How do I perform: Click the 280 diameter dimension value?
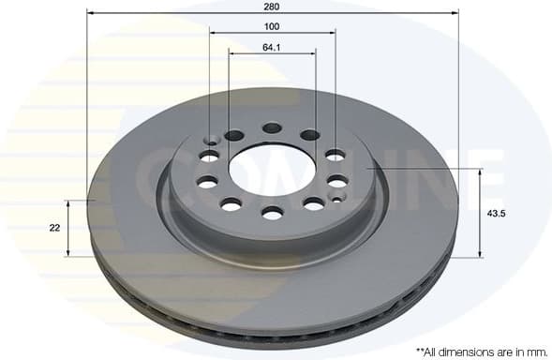coord(272,6)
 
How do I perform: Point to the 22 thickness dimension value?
coord(54,228)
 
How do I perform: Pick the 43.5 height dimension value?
coord(497,214)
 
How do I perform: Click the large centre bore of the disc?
coord(272,170)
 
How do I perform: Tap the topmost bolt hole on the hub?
coord(272,128)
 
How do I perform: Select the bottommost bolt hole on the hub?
coord(273,214)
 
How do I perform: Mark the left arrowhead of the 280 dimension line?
coord(90,13)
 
